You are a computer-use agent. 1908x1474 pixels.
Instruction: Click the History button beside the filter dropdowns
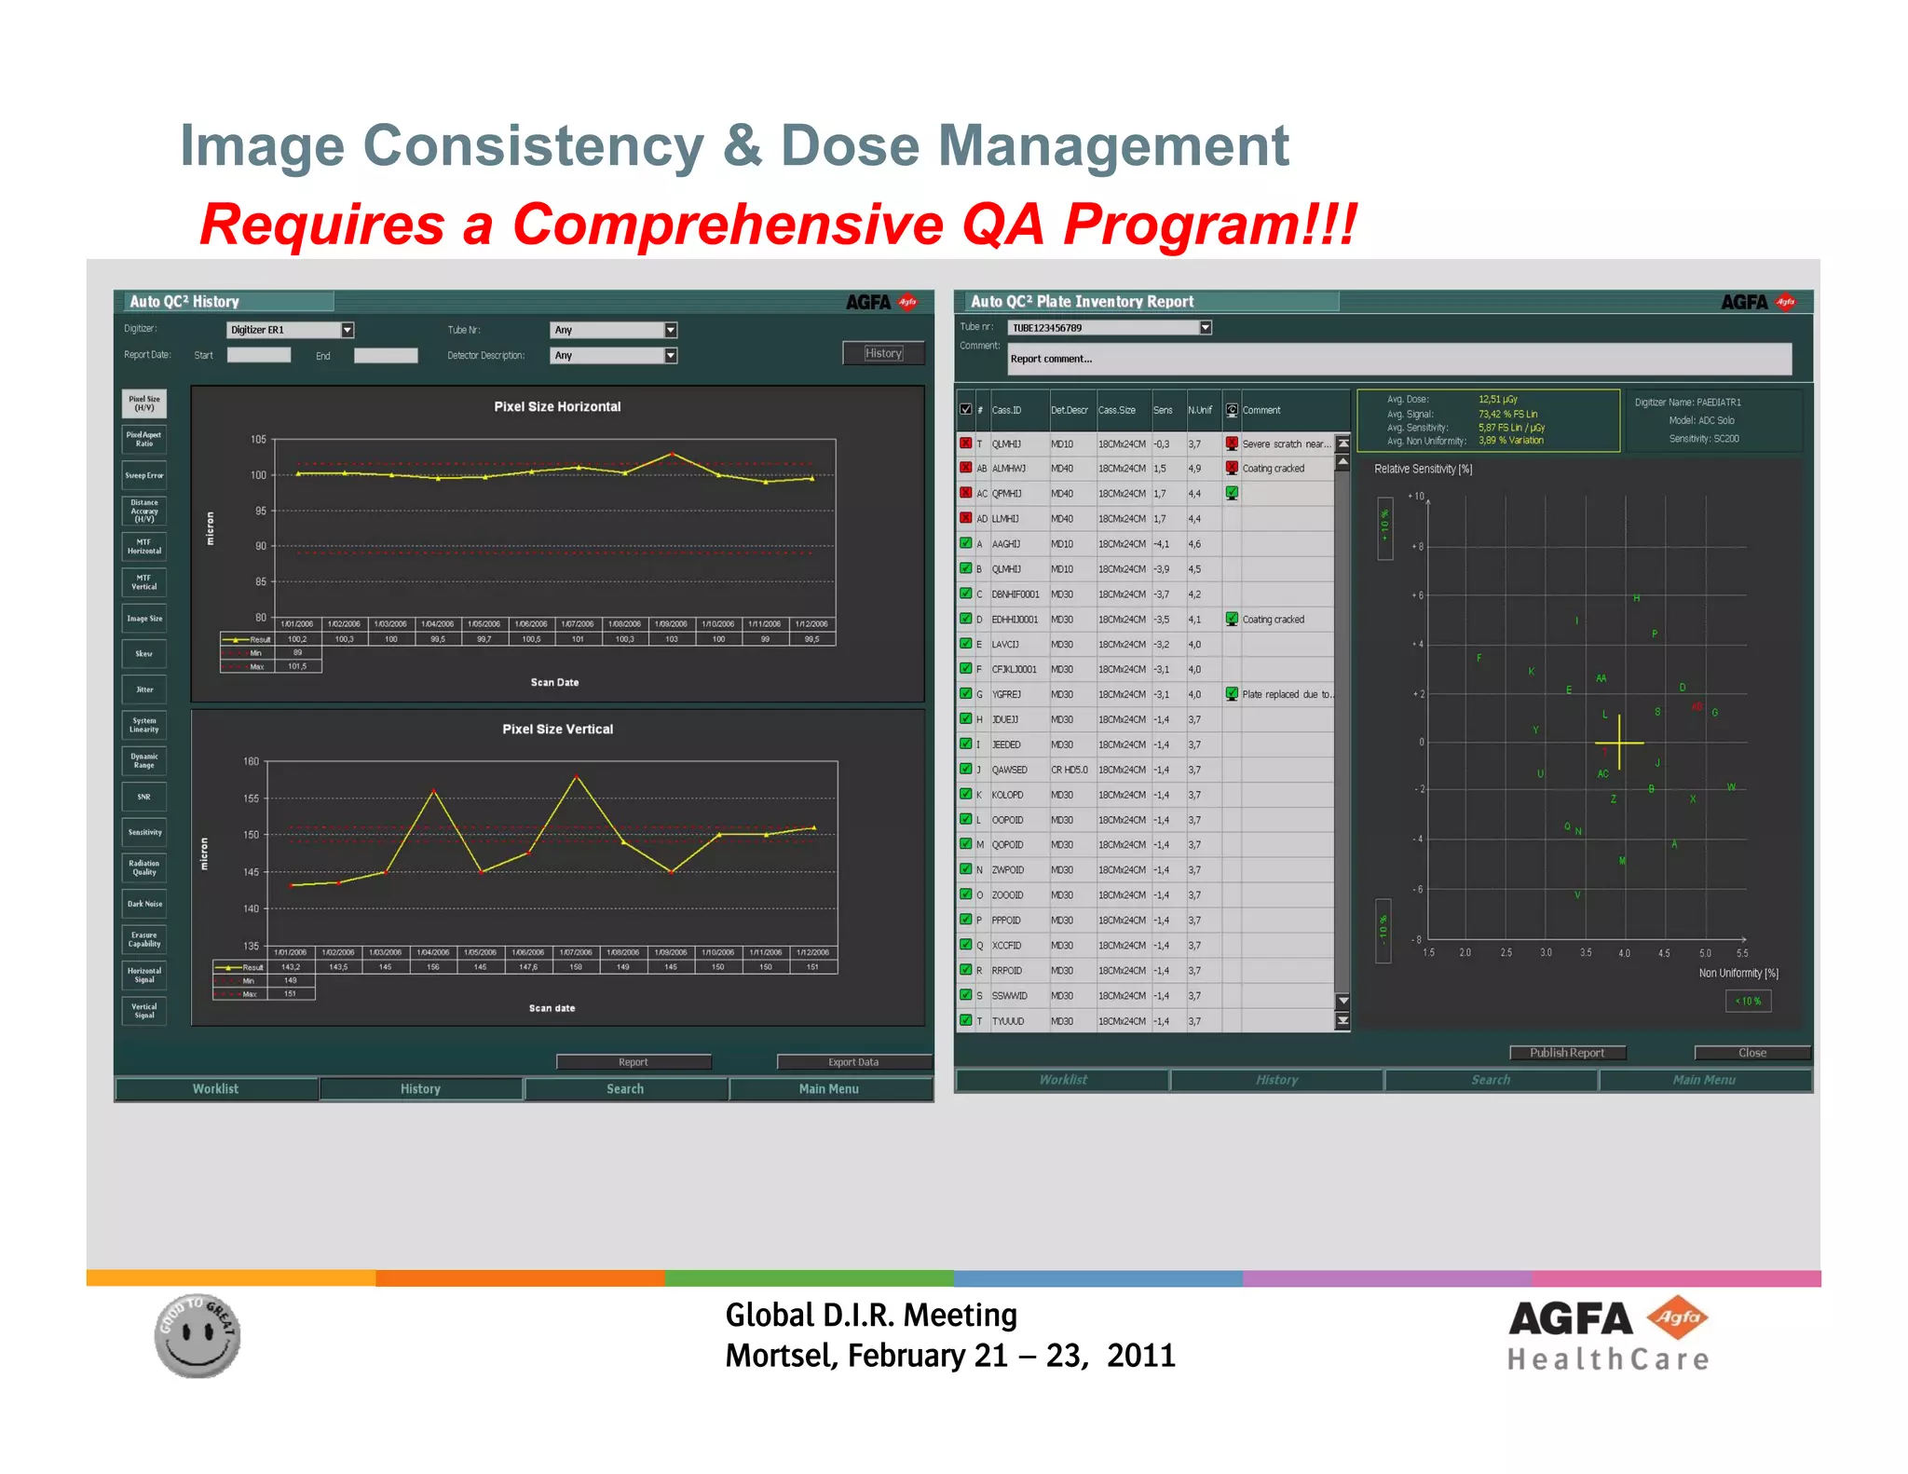coord(882,353)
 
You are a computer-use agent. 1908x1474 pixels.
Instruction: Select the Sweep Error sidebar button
coord(144,475)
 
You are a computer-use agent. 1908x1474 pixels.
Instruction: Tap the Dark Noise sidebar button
coord(144,904)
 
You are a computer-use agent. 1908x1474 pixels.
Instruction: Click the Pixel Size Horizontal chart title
coord(557,406)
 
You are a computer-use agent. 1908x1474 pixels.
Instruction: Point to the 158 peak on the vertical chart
coord(577,776)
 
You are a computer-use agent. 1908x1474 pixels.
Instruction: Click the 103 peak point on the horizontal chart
coord(672,454)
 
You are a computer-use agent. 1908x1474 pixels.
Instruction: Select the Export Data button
coord(853,1062)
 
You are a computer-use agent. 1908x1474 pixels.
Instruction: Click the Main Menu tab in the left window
coord(829,1088)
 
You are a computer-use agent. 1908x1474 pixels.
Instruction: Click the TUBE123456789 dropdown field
coord(1109,328)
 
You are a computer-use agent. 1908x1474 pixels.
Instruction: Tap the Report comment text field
coord(1397,359)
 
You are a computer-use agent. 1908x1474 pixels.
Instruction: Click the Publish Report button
coord(1567,1053)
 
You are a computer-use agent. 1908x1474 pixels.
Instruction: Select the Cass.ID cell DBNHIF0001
coord(1015,594)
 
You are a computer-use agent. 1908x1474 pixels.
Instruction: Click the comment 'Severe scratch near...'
coord(1286,444)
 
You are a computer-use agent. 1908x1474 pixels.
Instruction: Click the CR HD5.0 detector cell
coord(1069,770)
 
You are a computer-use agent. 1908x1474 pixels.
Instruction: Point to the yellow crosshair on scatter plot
coord(1619,743)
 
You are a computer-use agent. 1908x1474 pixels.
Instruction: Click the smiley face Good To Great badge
coord(198,1335)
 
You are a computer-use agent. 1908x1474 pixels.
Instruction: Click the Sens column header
coord(1163,410)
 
